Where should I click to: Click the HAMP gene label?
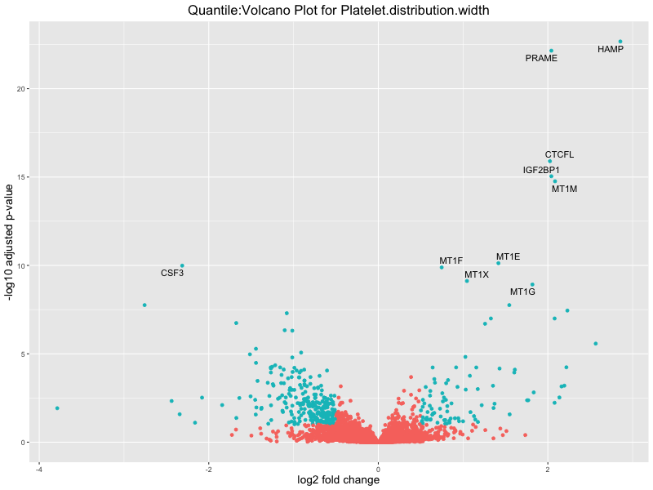[610, 49]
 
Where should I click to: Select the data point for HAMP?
[620, 41]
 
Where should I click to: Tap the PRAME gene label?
[541, 58]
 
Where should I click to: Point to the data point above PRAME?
[552, 51]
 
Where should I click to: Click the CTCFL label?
[559, 154]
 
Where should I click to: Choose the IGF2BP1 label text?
[541, 170]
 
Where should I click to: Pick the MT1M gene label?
[564, 189]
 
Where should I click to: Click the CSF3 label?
[171, 273]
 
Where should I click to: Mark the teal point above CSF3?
[182, 265]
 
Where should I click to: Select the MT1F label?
[451, 261]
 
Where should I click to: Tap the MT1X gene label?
[477, 274]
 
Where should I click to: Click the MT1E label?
[508, 256]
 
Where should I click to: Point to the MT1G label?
[522, 292]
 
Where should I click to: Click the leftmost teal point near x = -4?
[57, 408]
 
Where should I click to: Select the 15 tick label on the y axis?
[23, 177]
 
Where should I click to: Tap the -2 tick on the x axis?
[208, 469]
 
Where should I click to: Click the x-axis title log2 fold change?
[339, 480]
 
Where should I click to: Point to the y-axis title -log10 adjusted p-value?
[10, 245]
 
